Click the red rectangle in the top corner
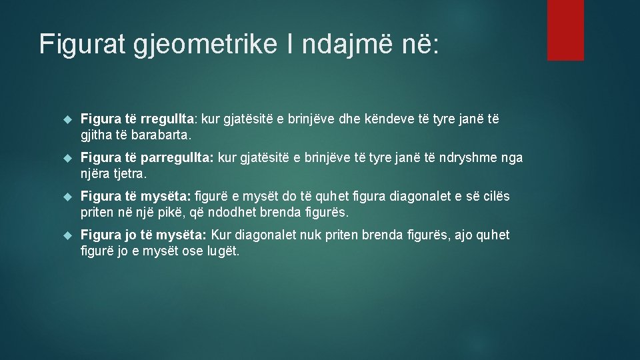(565, 30)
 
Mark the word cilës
(495, 197)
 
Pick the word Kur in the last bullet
(225, 235)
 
